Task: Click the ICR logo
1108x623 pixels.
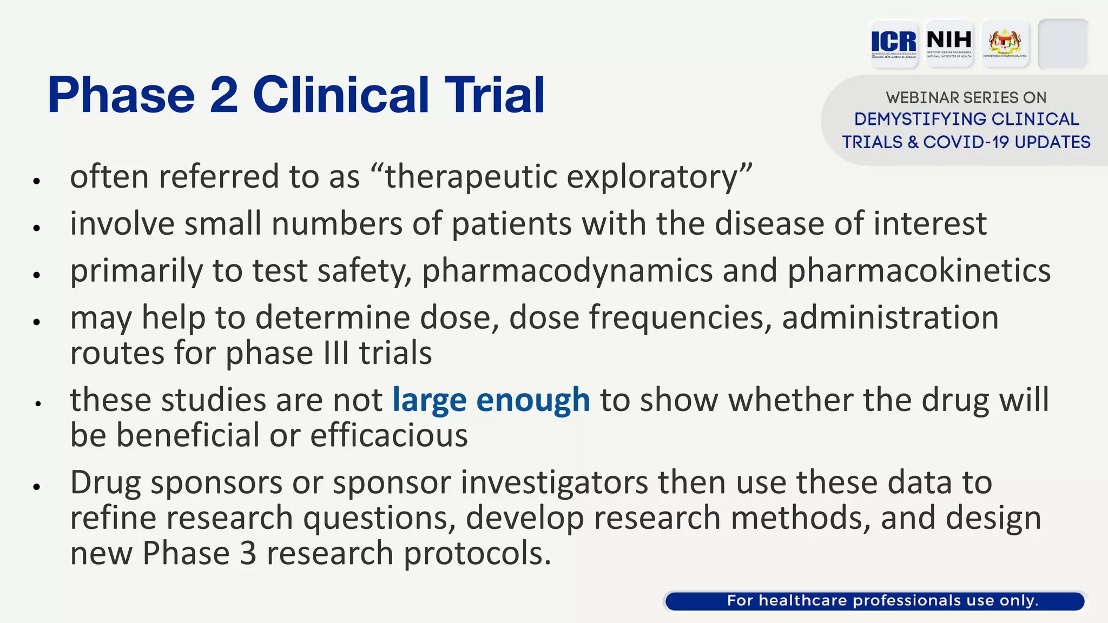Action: pos(894,43)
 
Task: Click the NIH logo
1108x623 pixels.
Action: pos(949,43)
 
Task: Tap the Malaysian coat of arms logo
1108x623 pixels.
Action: pos(1005,43)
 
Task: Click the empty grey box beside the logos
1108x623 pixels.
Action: pos(1063,43)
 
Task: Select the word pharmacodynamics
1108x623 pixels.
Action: pos(567,271)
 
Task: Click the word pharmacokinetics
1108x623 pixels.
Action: pos(918,271)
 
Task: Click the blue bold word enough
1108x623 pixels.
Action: pos(533,401)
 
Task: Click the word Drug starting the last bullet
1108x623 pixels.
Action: pos(105,483)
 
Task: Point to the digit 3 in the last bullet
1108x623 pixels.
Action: pos(248,554)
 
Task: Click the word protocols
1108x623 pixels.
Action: pos(477,554)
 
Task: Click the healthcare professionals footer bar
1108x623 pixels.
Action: pos(875,601)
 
